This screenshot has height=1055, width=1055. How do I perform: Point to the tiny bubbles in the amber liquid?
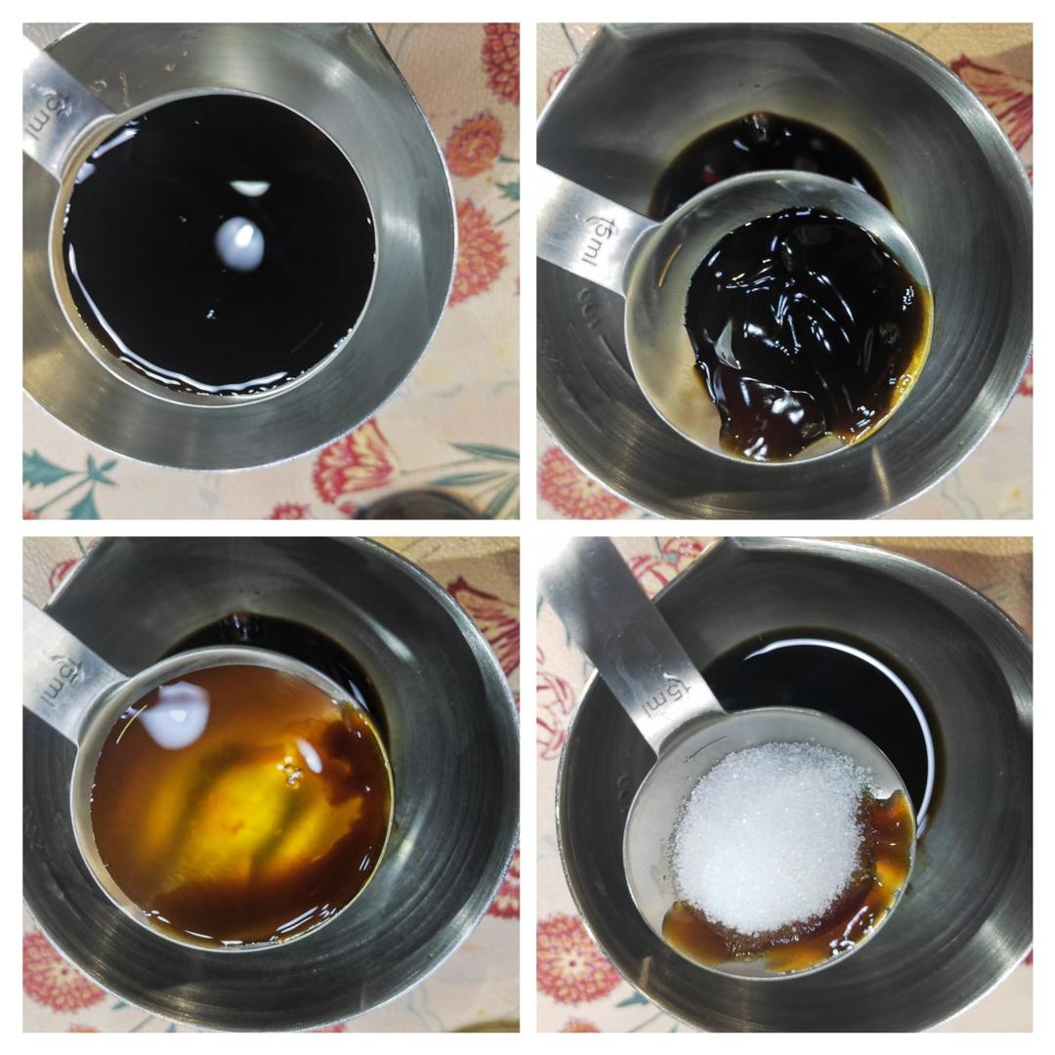291,775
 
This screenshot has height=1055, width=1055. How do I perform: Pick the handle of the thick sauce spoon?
586,230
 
